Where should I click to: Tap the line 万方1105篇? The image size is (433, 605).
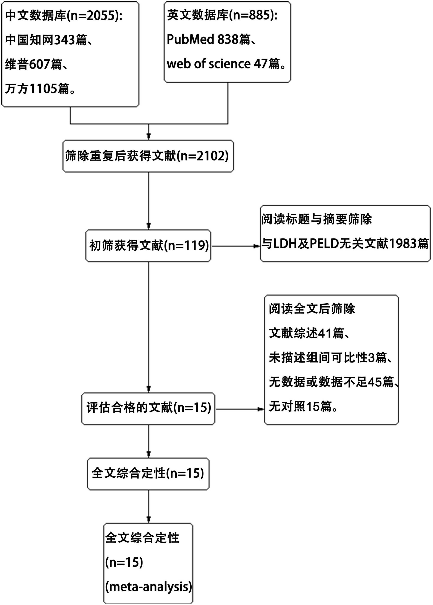40,89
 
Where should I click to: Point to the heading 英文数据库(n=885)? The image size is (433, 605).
222,15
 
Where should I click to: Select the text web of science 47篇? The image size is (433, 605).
226,64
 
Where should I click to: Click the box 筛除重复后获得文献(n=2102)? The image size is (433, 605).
148,156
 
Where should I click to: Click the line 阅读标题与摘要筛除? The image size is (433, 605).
317,219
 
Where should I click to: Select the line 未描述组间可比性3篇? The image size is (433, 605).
330,358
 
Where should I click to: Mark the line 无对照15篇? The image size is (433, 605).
303,406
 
